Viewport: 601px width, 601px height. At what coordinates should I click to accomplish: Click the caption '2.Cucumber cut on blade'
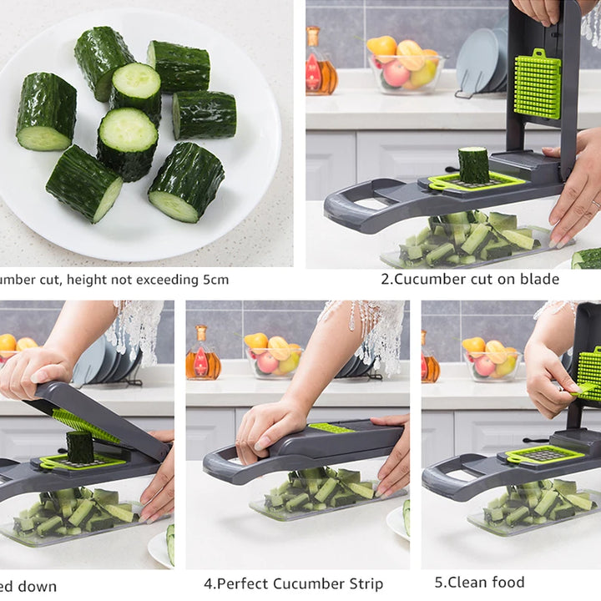tap(470, 279)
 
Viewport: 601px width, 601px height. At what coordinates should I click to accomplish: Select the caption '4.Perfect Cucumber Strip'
tap(294, 583)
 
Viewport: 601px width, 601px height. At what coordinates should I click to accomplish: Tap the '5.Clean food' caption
tap(479, 582)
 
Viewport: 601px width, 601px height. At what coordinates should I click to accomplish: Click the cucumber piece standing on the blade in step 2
tap(473, 164)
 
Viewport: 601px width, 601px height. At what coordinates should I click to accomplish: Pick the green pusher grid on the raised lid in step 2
tap(537, 83)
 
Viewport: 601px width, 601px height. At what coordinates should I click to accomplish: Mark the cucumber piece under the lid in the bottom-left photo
tap(80, 447)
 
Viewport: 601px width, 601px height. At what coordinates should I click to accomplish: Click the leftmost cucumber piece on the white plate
tap(46, 112)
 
